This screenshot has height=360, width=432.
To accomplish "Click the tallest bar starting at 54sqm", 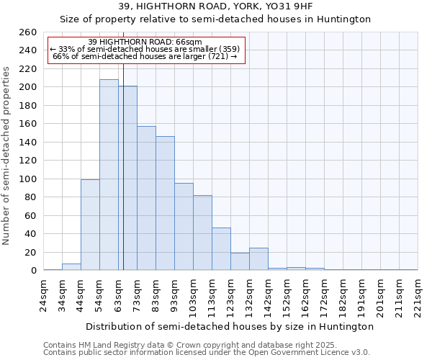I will (109, 175).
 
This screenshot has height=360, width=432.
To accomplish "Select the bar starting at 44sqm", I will (90, 225).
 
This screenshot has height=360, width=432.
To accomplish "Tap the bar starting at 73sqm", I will (146, 198).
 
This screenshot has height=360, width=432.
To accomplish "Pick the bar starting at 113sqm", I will (221, 249).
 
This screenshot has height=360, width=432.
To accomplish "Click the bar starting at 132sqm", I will (258, 259).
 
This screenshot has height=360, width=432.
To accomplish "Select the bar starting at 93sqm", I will (184, 227).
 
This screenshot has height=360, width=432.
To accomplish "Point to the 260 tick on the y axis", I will (28, 32).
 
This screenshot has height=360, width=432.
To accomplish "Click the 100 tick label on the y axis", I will (28, 179).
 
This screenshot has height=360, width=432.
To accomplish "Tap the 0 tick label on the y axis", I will (33, 271).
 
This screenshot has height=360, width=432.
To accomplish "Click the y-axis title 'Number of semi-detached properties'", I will (7, 155).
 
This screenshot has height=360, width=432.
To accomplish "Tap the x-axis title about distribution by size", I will (230, 326).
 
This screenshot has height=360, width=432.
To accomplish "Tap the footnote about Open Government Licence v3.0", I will (207, 353).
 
